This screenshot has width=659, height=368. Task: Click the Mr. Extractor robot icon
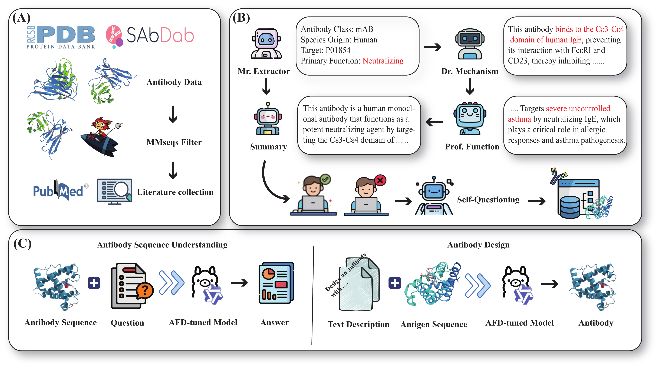(266, 44)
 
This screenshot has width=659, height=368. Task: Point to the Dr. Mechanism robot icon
(470, 44)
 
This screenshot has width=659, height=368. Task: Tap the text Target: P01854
(325, 50)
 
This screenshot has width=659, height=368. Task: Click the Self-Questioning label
(488, 200)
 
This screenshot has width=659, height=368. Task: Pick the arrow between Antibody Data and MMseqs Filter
(173, 114)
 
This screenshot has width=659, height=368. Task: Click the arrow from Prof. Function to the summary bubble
(434, 122)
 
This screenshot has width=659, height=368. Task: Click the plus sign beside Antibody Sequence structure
(94, 283)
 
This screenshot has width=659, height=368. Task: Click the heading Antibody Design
(478, 245)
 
